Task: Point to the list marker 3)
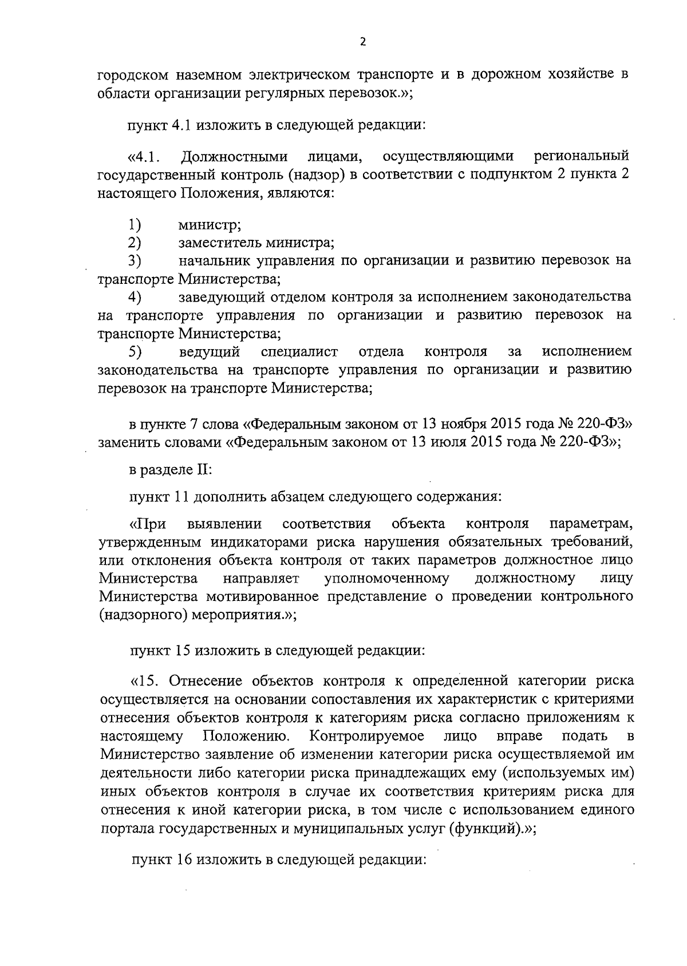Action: coord(135,260)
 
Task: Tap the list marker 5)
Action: coord(135,351)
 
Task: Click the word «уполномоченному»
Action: coord(386,579)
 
